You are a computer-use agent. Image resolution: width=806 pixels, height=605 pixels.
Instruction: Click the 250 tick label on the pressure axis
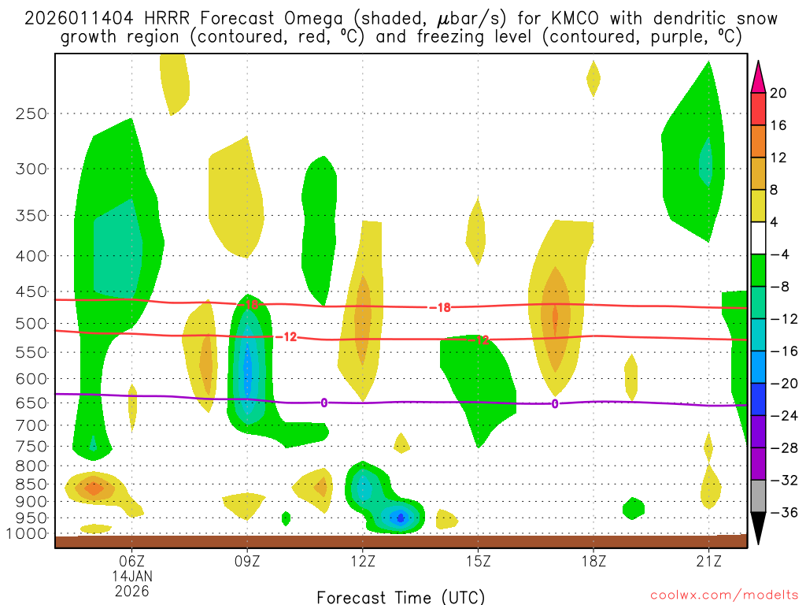[31, 113]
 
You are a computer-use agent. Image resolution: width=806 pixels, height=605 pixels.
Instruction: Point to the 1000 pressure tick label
[28, 534]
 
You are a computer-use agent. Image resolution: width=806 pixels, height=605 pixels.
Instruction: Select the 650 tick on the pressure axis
[31, 403]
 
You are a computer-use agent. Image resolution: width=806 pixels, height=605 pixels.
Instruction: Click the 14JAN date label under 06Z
[131, 576]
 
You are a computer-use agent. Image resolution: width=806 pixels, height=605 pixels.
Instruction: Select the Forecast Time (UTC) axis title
[401, 596]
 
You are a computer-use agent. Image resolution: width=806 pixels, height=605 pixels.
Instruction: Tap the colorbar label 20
[778, 93]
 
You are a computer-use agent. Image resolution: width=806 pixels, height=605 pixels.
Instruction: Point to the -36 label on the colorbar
[781, 513]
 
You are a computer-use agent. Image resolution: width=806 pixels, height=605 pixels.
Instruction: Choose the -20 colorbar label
[781, 384]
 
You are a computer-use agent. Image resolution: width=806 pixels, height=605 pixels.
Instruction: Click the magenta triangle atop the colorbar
[758, 76]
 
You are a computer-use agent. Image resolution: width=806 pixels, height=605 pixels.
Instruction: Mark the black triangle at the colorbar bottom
[758, 528]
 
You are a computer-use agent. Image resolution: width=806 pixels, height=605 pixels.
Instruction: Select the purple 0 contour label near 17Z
[555, 404]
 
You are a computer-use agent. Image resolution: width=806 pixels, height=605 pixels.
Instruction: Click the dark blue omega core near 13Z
[401, 518]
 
